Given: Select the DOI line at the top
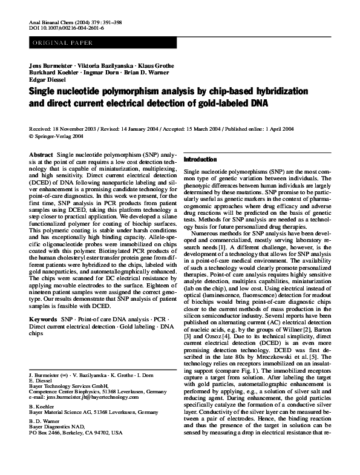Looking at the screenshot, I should click(67, 28).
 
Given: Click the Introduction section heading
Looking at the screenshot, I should click(200, 159).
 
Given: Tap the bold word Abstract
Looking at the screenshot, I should click(42, 156).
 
